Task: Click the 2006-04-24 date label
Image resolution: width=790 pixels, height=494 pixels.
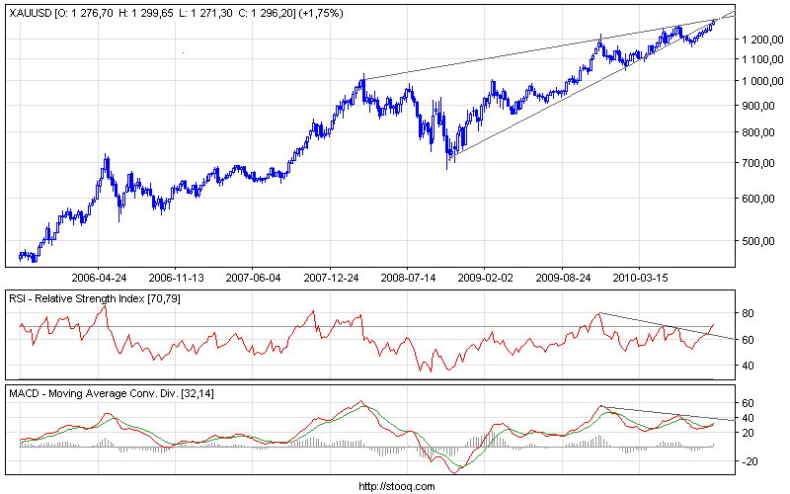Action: click(99, 279)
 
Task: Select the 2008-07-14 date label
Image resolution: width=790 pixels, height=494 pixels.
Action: click(408, 279)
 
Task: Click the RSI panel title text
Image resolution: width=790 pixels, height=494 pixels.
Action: click(96, 297)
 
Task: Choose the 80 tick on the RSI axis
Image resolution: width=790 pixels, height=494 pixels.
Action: click(748, 313)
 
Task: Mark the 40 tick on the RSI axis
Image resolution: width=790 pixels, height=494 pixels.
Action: click(748, 366)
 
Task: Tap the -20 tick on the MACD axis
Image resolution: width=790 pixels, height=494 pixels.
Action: click(750, 461)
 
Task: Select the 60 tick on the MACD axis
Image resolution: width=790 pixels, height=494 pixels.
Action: click(748, 403)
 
